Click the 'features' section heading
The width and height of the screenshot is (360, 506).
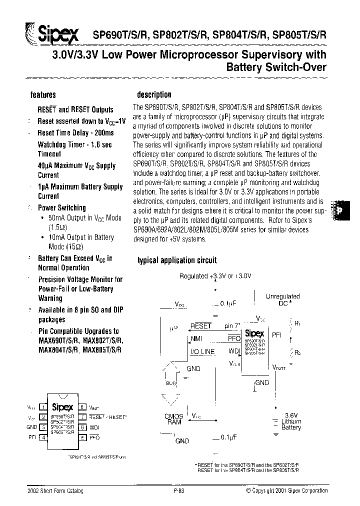click(43, 94)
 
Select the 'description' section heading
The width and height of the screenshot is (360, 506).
click(154, 94)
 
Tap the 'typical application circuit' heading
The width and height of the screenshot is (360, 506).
click(177, 260)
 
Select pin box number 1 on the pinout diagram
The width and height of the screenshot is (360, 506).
click(43, 407)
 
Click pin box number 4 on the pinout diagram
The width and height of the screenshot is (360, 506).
click(43, 437)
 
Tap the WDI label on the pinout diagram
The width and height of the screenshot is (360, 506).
click(94, 427)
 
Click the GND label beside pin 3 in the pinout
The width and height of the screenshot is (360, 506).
click(31, 427)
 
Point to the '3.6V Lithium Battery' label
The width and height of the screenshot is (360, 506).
click(291, 421)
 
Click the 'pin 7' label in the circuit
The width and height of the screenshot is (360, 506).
click(232, 326)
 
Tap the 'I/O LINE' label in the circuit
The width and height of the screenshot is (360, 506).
click(202, 351)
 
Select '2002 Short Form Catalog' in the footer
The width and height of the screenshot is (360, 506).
click(55, 491)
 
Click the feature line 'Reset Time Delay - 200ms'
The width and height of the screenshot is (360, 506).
click(75, 133)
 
